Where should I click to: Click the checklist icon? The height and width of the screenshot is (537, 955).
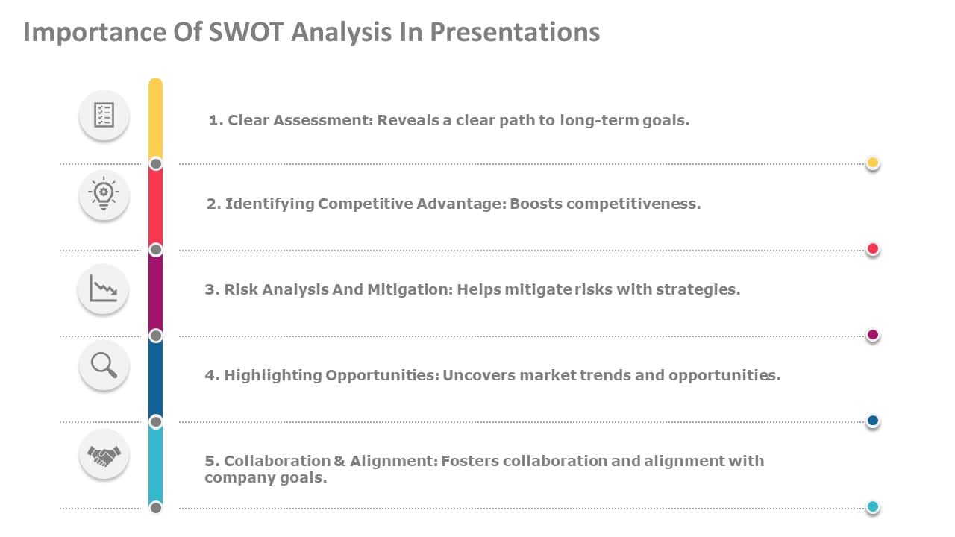click(x=104, y=115)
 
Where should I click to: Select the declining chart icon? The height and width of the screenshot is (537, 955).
click(x=103, y=289)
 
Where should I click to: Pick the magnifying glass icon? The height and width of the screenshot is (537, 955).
click(x=104, y=365)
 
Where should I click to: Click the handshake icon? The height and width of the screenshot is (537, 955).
click(x=104, y=454)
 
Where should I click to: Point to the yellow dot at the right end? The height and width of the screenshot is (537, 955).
click(x=873, y=163)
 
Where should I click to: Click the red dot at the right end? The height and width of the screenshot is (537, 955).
click(x=873, y=249)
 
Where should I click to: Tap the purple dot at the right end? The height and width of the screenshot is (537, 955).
click(x=873, y=336)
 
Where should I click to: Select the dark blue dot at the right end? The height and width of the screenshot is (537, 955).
click(x=873, y=421)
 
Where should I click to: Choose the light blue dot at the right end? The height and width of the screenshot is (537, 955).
click(x=873, y=508)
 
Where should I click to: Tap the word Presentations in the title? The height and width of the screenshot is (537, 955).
click(x=515, y=32)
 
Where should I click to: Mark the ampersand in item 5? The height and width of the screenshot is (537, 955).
click(x=339, y=461)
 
